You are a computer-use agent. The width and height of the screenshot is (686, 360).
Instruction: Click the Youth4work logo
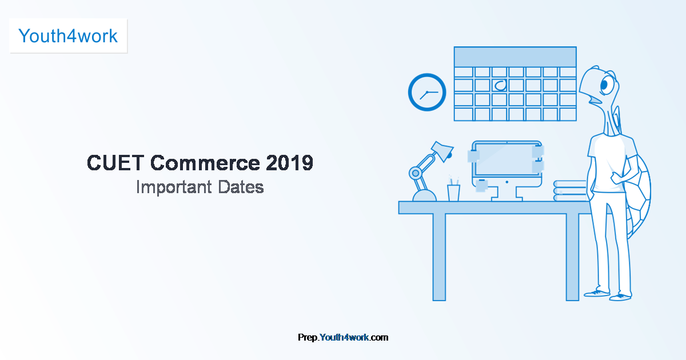click(68, 36)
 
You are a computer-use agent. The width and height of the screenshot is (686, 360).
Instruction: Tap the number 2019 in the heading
click(289, 163)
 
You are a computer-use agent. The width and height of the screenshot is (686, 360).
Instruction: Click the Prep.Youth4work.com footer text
click(343, 337)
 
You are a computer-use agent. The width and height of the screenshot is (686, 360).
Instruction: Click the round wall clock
click(427, 93)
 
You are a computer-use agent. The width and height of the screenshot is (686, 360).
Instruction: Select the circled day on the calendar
click(500, 86)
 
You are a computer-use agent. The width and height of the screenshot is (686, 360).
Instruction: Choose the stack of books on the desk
click(570, 190)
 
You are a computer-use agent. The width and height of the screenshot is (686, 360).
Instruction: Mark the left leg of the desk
click(438, 257)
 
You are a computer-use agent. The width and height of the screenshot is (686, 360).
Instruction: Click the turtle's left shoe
click(596, 293)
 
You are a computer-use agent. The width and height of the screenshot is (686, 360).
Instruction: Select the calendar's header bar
click(514, 57)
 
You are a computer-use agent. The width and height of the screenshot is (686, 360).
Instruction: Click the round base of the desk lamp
click(424, 195)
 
